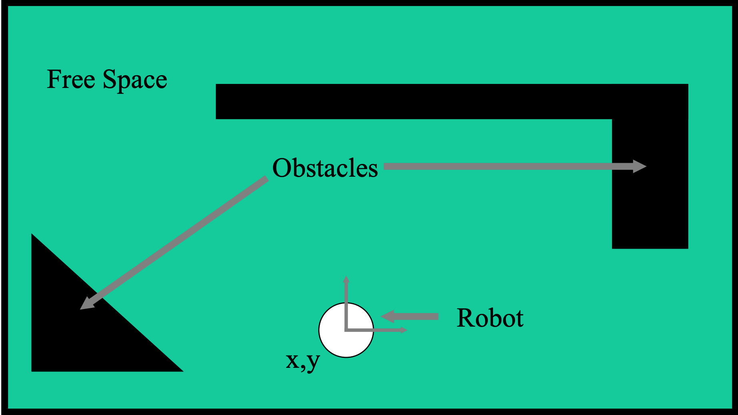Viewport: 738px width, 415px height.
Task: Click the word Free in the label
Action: click(x=71, y=79)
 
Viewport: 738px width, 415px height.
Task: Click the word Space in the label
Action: click(x=135, y=80)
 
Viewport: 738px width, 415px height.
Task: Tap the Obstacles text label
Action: click(x=325, y=168)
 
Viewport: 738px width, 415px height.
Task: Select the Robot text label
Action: click(x=490, y=318)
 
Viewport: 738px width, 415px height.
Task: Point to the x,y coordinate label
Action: click(x=303, y=361)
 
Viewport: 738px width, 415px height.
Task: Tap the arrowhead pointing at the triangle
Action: click(x=86, y=304)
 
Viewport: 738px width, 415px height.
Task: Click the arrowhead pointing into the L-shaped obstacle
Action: click(x=640, y=166)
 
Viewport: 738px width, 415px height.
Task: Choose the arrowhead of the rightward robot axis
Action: click(x=404, y=330)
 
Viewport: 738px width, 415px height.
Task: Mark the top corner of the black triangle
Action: click(x=32, y=235)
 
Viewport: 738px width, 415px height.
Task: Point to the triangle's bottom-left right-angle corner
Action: click(x=33, y=370)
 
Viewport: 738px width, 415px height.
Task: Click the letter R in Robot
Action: click(x=464, y=318)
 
